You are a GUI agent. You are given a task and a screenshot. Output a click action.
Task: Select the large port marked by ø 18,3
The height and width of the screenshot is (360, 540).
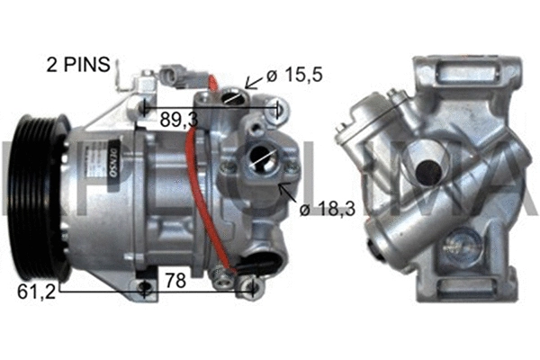tap(263, 157)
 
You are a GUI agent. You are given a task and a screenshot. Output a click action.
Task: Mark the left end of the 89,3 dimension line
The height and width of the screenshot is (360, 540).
tap(145, 107)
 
